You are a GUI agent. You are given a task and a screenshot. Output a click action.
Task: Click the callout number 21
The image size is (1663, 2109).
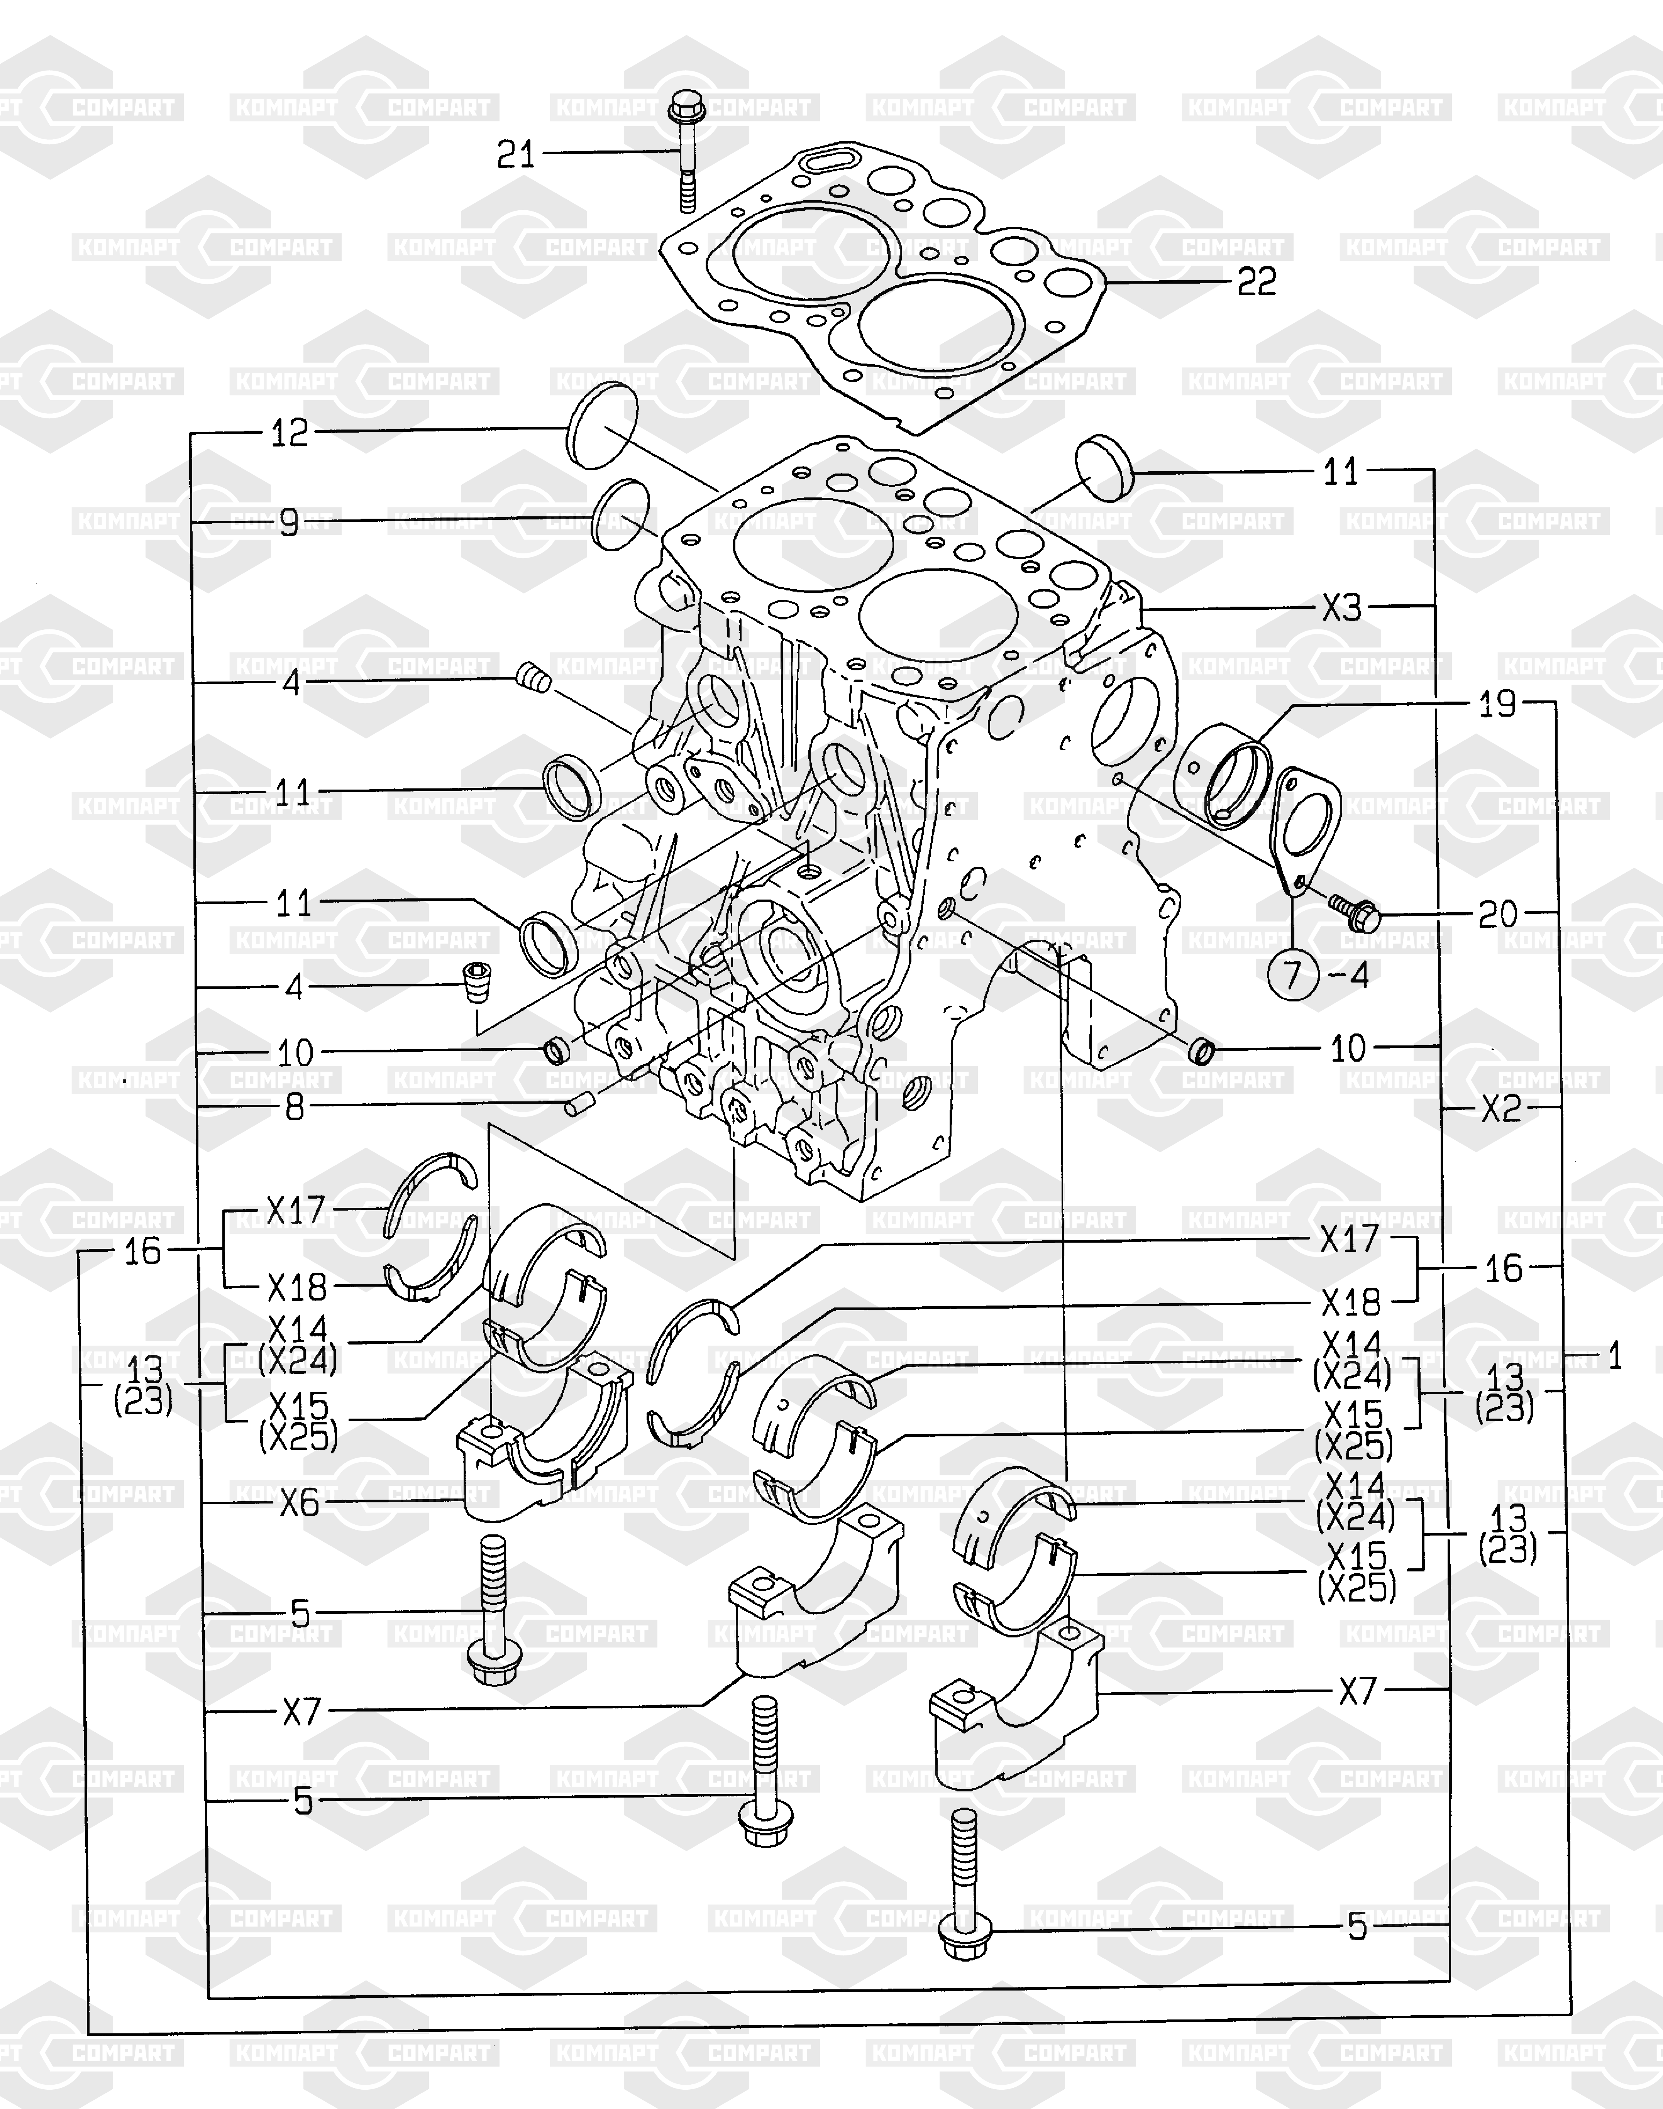tap(516, 154)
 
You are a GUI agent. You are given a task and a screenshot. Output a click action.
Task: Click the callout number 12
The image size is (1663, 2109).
tap(289, 432)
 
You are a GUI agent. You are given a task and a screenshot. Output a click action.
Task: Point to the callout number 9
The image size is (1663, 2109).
tap(289, 523)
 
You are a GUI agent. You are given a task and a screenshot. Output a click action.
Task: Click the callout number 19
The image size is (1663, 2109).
tap(1497, 704)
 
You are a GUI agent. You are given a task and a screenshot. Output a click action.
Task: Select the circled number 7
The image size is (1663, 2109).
tap(1293, 974)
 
